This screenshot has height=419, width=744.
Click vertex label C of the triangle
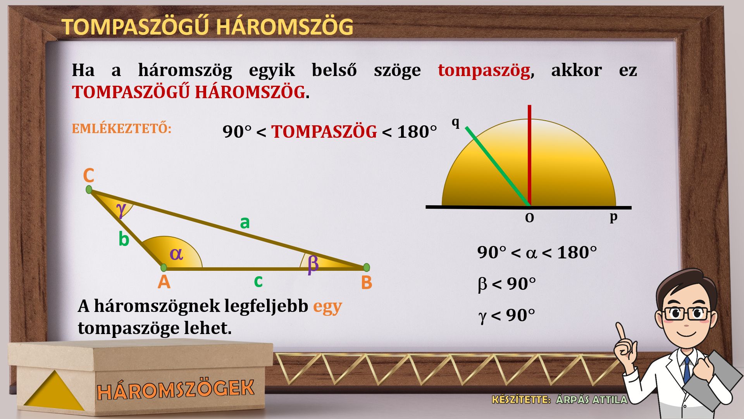(89, 176)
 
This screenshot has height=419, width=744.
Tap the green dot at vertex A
(164, 268)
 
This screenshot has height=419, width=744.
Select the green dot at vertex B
(367, 267)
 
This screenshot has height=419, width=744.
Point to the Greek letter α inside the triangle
(176, 254)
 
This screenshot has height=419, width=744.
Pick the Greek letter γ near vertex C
(121, 209)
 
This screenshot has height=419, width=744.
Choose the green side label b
(124, 239)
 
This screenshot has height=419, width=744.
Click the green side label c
(258, 281)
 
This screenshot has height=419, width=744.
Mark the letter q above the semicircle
(456, 123)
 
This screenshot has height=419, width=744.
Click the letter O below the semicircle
(529, 218)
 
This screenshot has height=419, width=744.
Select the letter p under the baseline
(613, 216)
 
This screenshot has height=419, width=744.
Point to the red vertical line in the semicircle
(529, 155)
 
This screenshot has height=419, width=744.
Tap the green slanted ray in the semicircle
(498, 166)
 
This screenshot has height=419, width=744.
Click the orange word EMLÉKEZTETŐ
(122, 129)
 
